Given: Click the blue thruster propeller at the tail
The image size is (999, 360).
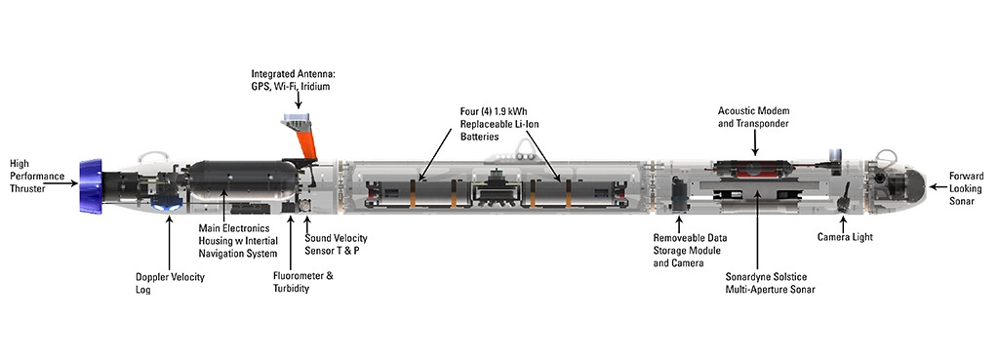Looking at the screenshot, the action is coord(91,185).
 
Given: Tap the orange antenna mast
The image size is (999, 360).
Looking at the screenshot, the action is coord(305,142).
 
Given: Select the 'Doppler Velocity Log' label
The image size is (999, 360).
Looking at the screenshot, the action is coord(170,283).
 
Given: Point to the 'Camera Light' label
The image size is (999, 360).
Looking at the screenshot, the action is coord(845,237).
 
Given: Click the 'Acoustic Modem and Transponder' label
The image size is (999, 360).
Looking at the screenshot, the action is coord(754,117).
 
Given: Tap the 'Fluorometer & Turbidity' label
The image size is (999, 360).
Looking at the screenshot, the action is coord(302,282).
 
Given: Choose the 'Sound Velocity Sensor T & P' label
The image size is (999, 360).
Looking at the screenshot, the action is coord(336,244).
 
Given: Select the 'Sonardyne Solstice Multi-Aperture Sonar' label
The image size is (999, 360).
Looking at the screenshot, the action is coord(771,283).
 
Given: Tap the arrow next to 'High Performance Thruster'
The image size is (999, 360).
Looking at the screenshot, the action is coord(61,183).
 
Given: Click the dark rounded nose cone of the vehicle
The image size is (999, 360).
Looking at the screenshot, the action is coord(910,182).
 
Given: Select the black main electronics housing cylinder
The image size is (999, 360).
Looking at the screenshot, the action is coord(243,182).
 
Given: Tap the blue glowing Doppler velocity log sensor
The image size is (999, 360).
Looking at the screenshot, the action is coord(166,204).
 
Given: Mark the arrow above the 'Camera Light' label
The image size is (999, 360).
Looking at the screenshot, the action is coord(844,222).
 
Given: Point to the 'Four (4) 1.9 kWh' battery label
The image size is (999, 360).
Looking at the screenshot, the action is coord(493,112).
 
